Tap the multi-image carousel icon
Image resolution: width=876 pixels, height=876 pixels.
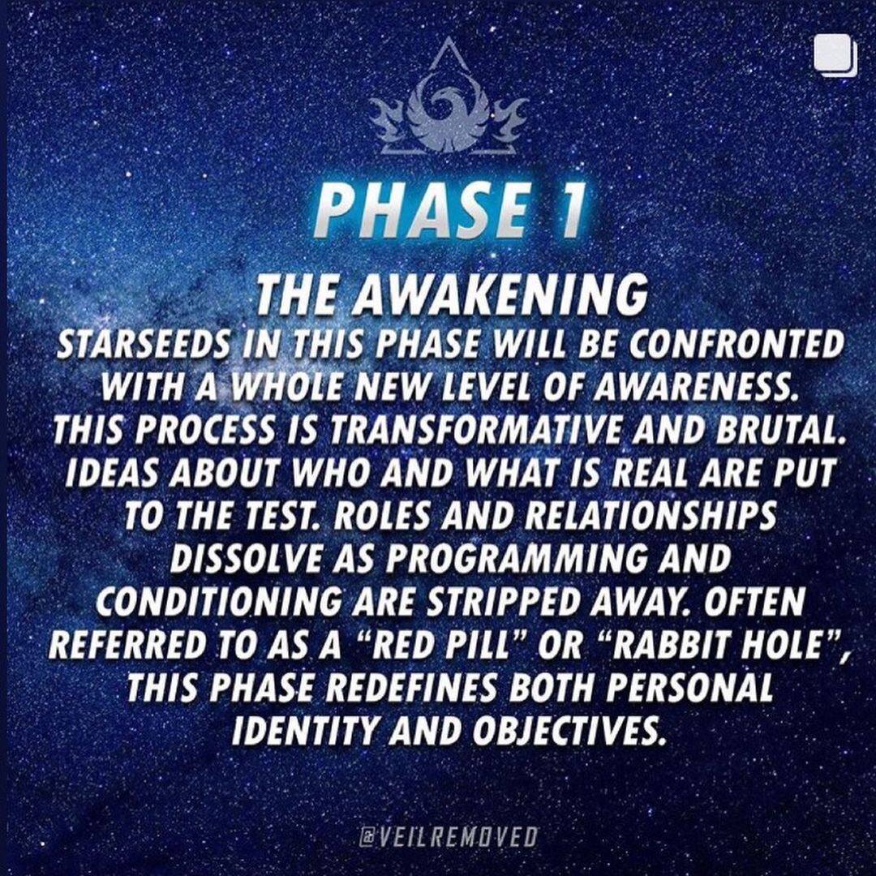tap(835, 55)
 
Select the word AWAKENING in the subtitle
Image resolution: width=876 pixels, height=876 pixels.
tap(500, 295)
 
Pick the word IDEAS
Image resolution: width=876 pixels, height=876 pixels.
tap(106, 475)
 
